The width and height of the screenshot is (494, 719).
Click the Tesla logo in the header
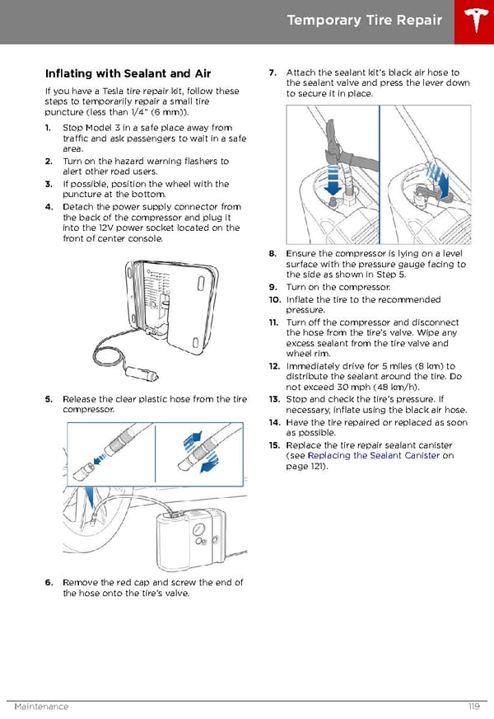[473, 21]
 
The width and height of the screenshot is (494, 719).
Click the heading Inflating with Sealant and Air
[128, 74]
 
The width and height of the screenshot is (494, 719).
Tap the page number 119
[473, 707]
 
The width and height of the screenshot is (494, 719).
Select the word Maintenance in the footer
[41, 707]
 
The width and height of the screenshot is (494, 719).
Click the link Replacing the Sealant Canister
[373, 455]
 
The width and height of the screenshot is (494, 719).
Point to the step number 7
[273, 73]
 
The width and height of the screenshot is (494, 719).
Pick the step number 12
[274, 366]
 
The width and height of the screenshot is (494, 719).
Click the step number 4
[49, 207]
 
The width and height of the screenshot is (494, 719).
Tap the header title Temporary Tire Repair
[365, 21]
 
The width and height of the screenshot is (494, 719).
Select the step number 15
[274, 445]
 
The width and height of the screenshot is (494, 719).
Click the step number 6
[49, 582]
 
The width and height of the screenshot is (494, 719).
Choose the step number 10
[274, 300]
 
